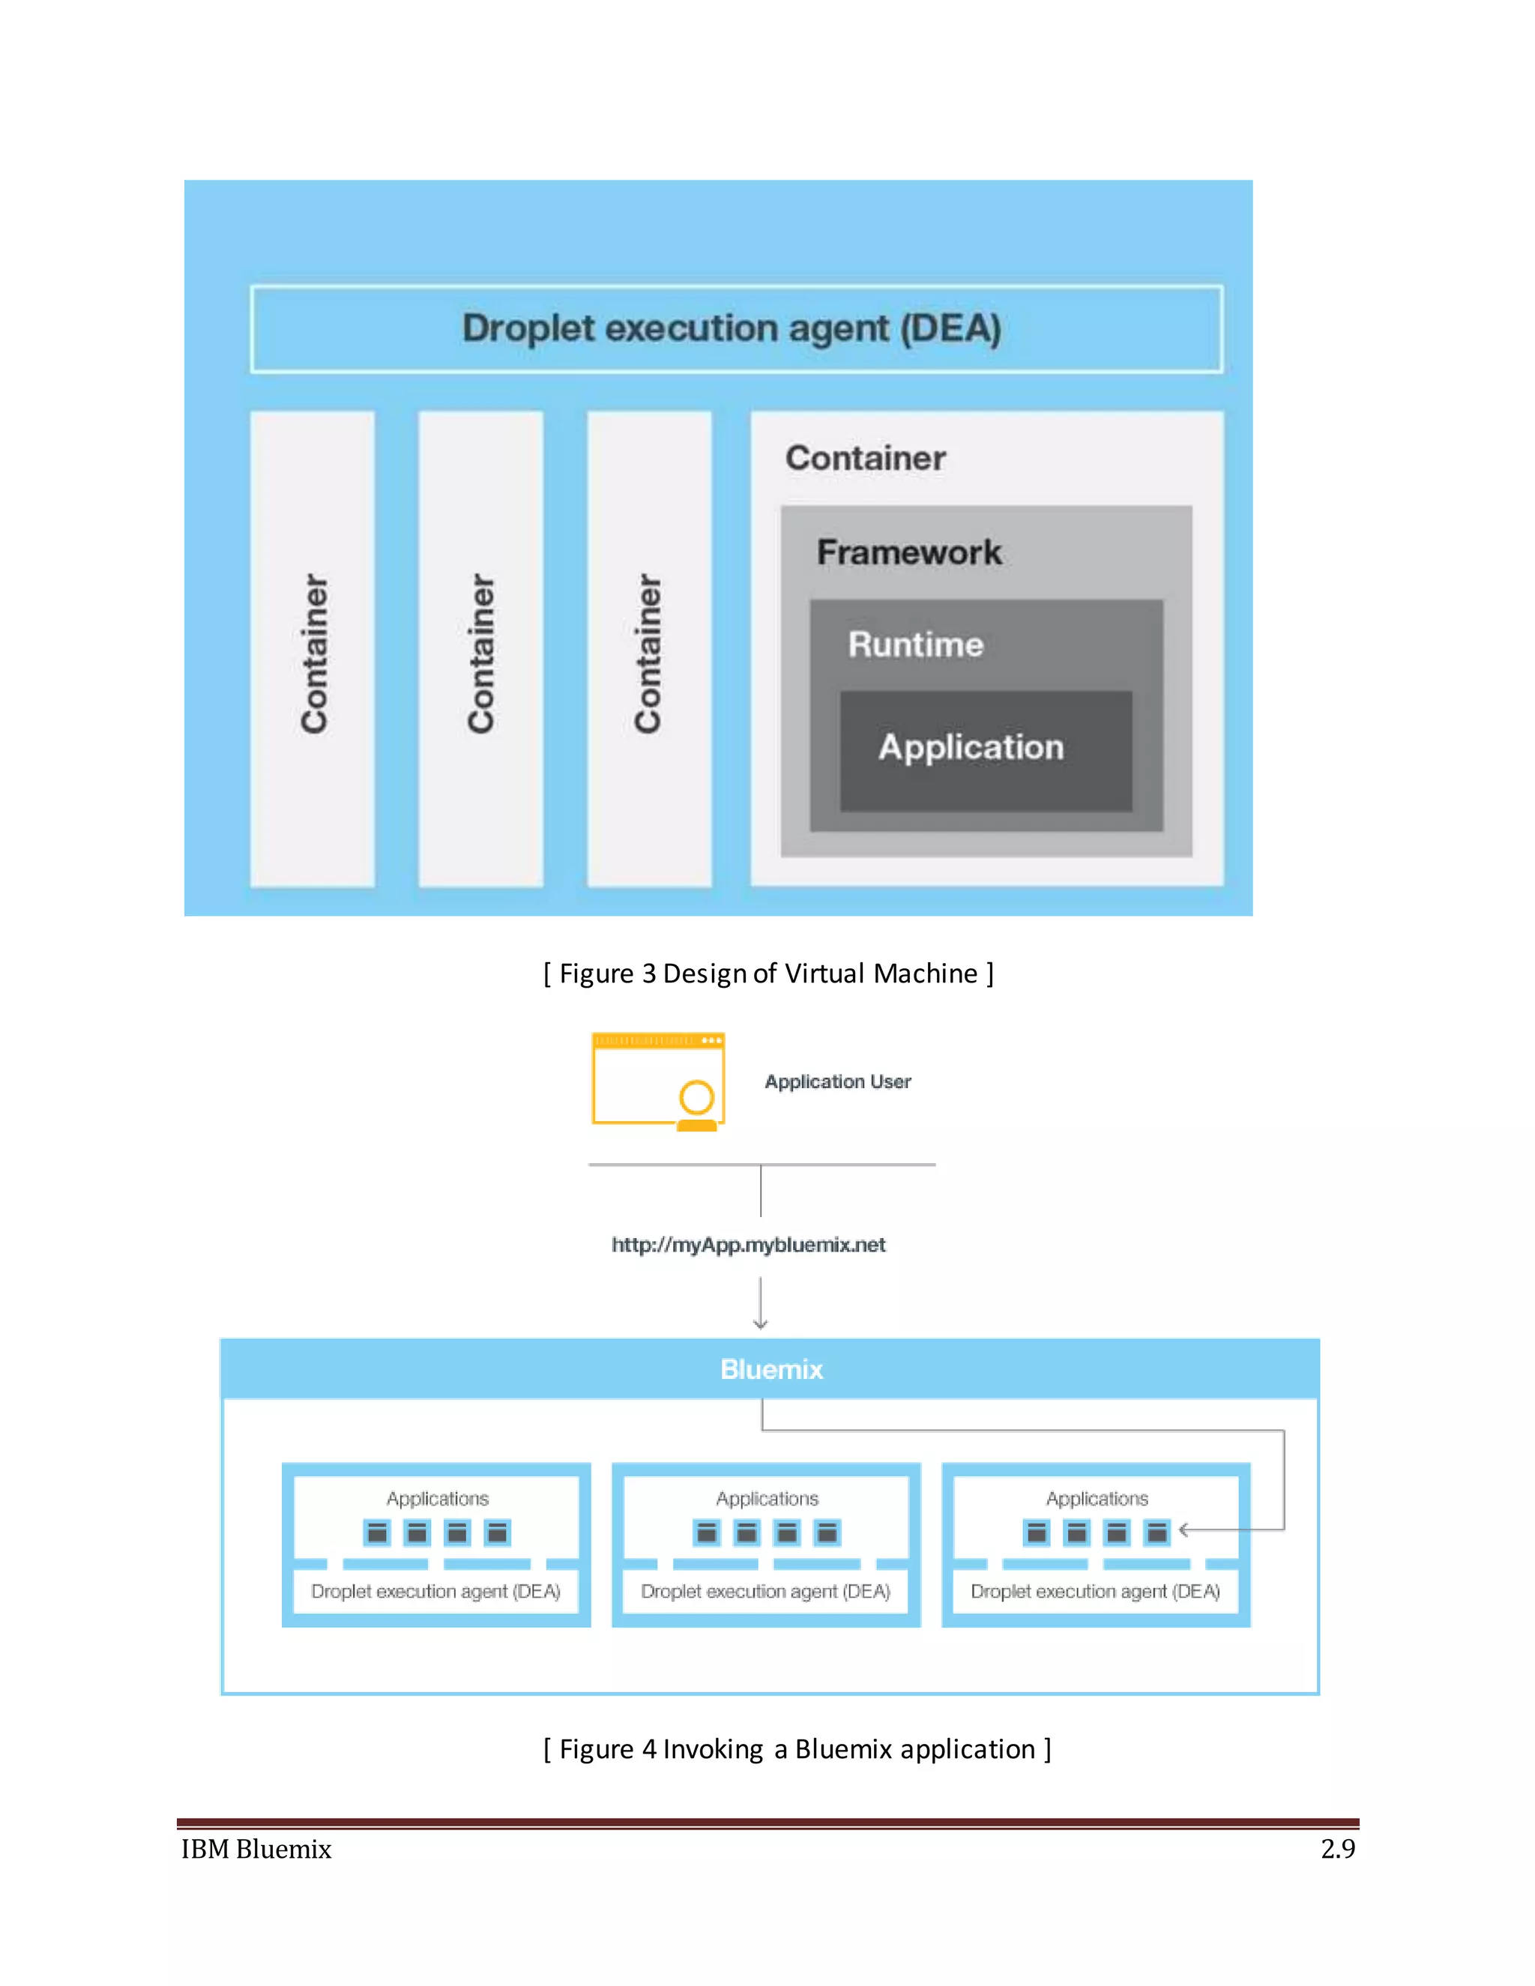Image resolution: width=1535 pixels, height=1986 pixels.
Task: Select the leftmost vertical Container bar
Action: pyautogui.click(x=313, y=649)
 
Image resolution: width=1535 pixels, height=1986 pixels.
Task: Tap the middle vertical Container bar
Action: pyautogui.click(x=480, y=649)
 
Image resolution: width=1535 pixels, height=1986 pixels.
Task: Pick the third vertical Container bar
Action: pyautogui.click(x=648, y=649)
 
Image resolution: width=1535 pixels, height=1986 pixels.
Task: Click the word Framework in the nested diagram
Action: pyautogui.click(x=908, y=552)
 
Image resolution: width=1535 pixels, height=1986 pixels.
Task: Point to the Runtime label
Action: pyautogui.click(x=915, y=645)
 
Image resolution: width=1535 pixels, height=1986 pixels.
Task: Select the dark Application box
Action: pyautogui.click(x=986, y=750)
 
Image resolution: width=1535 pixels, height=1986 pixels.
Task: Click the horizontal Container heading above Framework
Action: pyautogui.click(x=865, y=457)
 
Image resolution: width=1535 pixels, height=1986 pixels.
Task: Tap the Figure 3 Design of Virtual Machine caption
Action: pyautogui.click(x=767, y=973)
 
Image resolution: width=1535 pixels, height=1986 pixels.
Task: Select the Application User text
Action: pyautogui.click(x=837, y=1081)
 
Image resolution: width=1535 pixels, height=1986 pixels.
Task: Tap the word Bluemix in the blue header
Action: pyautogui.click(x=771, y=1369)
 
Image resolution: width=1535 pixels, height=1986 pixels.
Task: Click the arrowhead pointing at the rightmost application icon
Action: pyautogui.click(x=1184, y=1530)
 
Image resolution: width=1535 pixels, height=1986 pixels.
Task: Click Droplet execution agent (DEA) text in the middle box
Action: pyautogui.click(x=766, y=1591)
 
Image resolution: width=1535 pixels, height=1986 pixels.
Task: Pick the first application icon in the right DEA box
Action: pyautogui.click(x=1036, y=1533)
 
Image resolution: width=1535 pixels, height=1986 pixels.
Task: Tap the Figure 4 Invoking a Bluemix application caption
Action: pyautogui.click(x=797, y=1748)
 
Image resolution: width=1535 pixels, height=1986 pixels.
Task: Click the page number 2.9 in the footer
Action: pyautogui.click(x=1337, y=1849)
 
